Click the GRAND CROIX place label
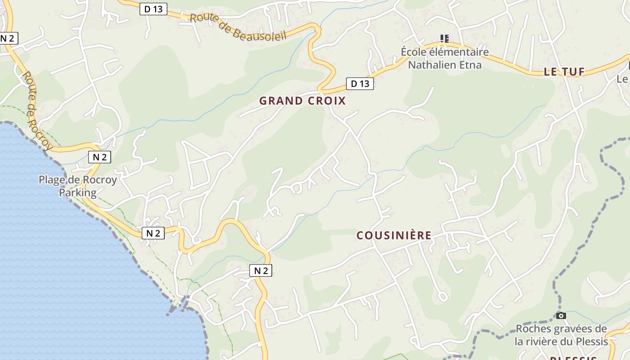(302, 101)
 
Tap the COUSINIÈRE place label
(394, 235)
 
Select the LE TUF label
(564, 72)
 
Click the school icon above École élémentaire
(445, 39)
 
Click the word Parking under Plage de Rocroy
(77, 193)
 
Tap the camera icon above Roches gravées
(561, 315)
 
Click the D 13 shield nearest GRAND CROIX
(360, 83)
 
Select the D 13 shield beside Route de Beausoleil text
(153, 9)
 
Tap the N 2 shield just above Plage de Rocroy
(99, 157)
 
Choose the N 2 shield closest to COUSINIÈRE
(261, 270)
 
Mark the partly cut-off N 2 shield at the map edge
(8, 38)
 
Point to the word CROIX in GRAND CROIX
(327, 101)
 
